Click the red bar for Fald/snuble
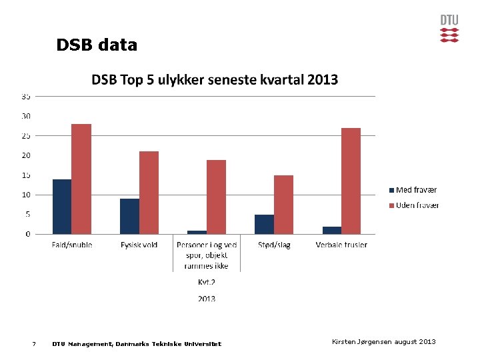point(81,179)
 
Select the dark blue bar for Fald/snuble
point(62,207)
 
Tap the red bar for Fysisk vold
point(149,193)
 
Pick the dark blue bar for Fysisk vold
point(129,216)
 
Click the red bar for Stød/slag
point(283,205)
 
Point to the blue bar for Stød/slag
point(264,224)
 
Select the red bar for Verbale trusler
point(351,181)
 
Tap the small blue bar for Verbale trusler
point(332,230)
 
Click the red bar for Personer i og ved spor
point(216,197)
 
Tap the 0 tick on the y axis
point(27,234)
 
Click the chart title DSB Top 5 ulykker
point(215,80)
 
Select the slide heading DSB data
point(97,45)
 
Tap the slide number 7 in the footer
point(33,344)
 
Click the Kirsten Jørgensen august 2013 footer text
point(383,342)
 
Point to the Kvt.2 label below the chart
point(206,282)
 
